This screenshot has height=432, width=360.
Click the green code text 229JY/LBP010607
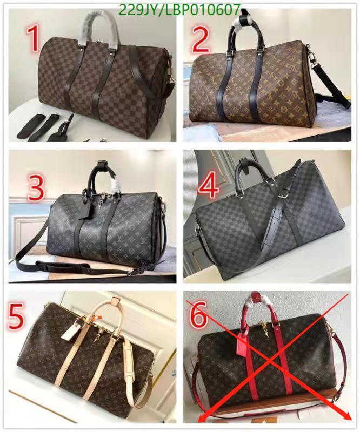(x=179, y=10)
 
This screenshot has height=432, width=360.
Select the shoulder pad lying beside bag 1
(x=32, y=125)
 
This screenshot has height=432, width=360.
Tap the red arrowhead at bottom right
(x=347, y=415)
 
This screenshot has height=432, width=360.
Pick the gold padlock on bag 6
(x=261, y=332)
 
